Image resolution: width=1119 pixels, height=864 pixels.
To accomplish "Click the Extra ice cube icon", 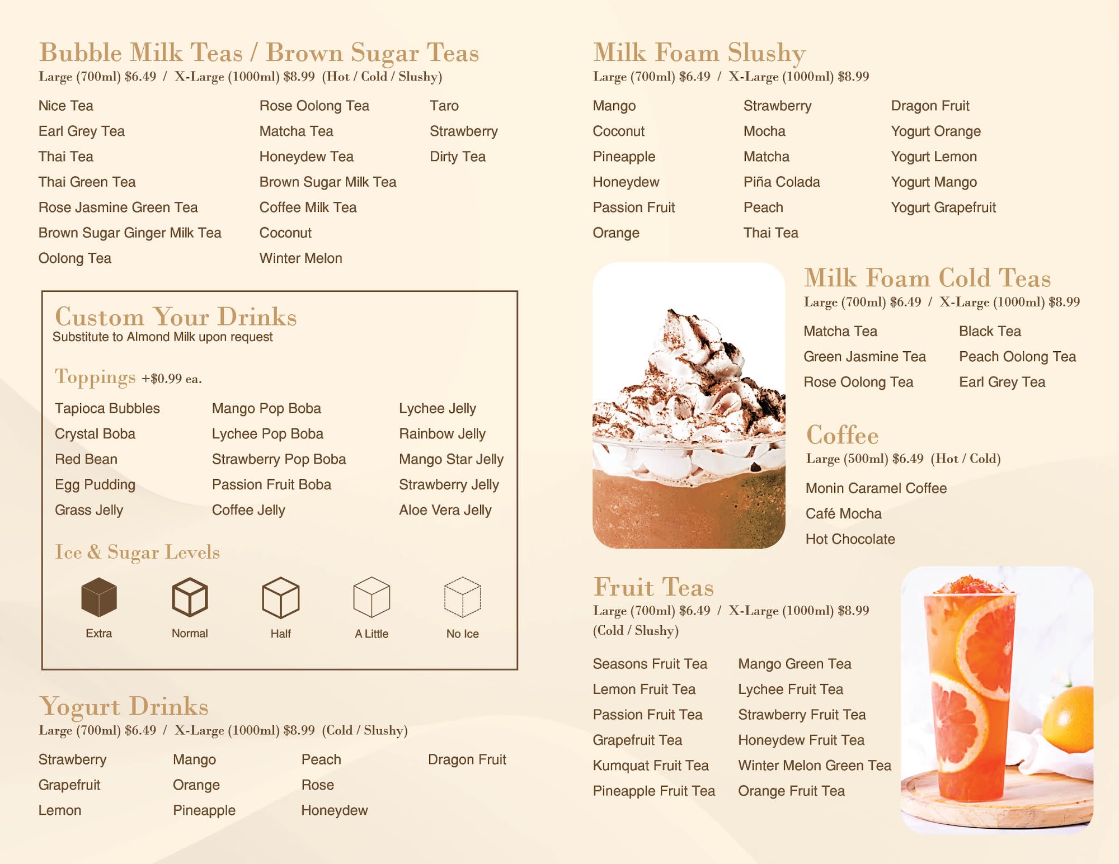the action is click(x=99, y=597).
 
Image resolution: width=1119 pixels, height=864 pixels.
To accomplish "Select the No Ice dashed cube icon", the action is click(x=462, y=597).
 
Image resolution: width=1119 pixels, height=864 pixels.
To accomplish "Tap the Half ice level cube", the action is click(x=280, y=597).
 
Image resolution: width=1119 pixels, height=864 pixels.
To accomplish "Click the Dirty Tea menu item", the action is click(x=458, y=157).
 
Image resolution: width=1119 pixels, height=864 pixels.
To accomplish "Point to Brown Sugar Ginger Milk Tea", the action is click(x=130, y=233).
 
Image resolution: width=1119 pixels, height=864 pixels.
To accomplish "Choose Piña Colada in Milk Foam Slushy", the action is click(x=782, y=182).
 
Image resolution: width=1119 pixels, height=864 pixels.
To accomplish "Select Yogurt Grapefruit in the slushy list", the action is click(x=943, y=207).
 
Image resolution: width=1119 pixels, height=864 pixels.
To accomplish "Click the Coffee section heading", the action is click(x=842, y=435).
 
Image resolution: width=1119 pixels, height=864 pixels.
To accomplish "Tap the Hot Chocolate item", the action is click(x=850, y=539).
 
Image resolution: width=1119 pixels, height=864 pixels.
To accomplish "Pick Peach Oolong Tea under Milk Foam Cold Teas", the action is click(x=1017, y=357).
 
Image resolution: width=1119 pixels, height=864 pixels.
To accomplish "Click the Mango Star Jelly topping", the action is click(x=451, y=459).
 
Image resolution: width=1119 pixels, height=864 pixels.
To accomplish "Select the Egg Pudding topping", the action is click(x=95, y=485).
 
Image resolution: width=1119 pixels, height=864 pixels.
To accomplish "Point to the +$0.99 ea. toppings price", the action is click(x=172, y=379).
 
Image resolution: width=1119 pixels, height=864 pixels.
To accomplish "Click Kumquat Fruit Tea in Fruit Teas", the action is click(x=651, y=766).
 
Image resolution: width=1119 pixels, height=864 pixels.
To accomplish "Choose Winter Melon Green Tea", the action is click(x=815, y=766).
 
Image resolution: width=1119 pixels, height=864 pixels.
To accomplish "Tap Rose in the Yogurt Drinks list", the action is click(x=317, y=785).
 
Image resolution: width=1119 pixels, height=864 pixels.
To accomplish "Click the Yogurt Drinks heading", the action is click(x=124, y=706).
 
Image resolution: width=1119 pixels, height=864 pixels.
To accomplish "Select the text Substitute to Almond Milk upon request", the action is click(x=163, y=337).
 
